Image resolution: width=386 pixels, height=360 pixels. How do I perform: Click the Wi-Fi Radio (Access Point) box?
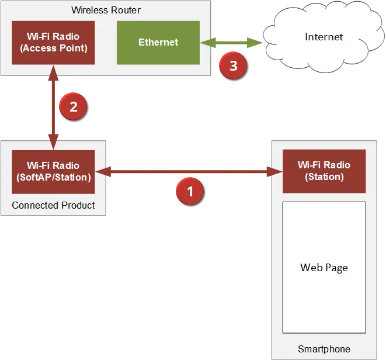(53, 43)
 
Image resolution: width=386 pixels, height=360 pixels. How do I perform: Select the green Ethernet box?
(158, 43)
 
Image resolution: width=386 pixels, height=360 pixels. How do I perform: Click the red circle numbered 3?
(233, 66)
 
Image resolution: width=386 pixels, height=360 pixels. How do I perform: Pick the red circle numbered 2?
(73, 107)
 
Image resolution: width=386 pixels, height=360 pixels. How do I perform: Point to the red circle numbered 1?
(190, 191)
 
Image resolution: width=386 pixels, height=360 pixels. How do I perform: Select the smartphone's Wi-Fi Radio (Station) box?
(324, 171)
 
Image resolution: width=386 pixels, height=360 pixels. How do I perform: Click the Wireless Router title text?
(106, 10)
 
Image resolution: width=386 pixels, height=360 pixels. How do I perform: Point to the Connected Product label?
(53, 206)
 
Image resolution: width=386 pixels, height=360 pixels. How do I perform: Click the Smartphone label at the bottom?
(324, 349)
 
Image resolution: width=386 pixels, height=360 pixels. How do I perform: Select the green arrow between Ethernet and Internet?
(231, 43)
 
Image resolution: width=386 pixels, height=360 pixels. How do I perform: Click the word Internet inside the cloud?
(324, 37)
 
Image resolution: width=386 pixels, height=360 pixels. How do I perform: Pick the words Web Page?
(324, 268)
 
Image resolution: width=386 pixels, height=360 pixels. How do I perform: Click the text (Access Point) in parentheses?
(53, 49)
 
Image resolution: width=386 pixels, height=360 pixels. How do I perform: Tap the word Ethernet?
(158, 43)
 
